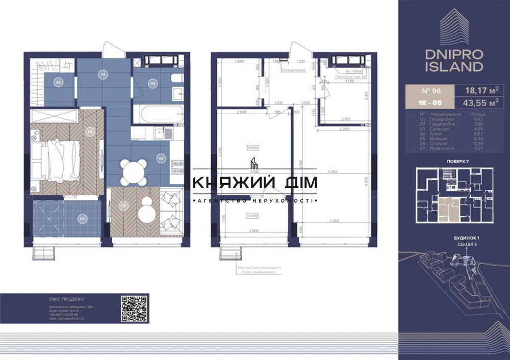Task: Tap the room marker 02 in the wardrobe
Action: pos(59,82)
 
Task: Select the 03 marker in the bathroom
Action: pos(152,83)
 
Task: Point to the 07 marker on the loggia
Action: pos(82,220)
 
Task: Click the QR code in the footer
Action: pos(134,307)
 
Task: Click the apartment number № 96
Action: pos(429,91)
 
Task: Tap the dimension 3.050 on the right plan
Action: pos(334,221)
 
